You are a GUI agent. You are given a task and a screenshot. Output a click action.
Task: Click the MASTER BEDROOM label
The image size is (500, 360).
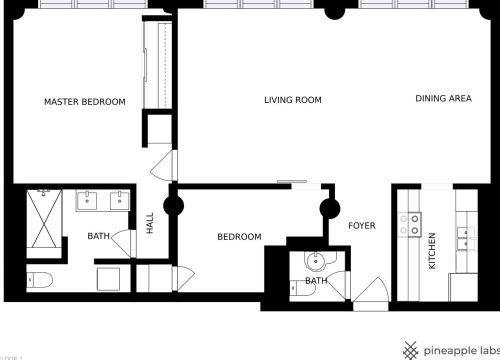point(84,102)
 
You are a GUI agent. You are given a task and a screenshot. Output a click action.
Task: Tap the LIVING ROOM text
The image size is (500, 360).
point(292,100)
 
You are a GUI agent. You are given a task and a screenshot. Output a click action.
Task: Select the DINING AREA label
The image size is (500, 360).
point(443,99)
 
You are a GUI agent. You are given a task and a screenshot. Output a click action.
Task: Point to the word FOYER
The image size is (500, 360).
point(361,226)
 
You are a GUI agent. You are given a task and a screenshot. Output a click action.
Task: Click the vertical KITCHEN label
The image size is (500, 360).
point(432,250)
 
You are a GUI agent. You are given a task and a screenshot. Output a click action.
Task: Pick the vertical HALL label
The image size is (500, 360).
point(150,224)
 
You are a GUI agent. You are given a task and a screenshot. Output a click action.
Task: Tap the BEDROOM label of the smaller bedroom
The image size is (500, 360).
point(239,237)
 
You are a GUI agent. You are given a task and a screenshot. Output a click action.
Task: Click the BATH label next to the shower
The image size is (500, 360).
point(98,237)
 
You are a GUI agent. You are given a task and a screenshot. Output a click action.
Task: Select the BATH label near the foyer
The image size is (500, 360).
point(316,281)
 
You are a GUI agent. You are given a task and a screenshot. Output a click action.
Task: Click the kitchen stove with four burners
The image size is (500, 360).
point(410,226)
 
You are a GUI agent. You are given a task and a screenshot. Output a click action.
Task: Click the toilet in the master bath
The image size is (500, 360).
point(39,278)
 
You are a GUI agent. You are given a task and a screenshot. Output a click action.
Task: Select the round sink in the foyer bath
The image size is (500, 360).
point(316,262)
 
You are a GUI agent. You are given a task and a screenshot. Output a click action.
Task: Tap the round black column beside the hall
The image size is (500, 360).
point(173,208)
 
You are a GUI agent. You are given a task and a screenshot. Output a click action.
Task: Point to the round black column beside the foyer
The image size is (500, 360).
point(331,209)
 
